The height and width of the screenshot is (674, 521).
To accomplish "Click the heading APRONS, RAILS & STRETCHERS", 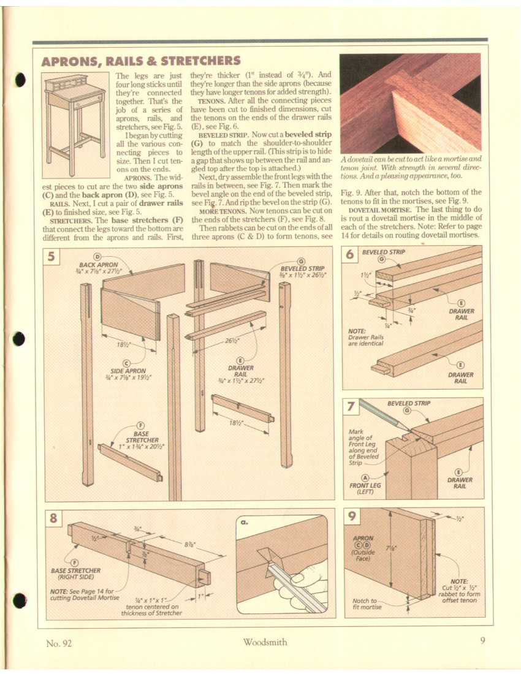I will point(140,61).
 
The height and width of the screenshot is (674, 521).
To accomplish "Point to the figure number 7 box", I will point(351,407).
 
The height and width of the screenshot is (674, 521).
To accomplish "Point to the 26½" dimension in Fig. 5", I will point(232,341).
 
